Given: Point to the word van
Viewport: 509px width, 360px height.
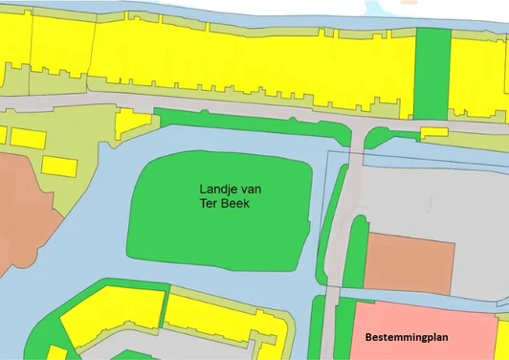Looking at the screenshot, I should click(252, 190).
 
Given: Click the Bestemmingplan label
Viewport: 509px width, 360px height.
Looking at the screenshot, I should click(413, 338).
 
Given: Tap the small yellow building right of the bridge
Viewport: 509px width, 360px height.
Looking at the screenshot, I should click(433, 131).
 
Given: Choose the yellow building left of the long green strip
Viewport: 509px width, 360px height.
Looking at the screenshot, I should click(132, 123).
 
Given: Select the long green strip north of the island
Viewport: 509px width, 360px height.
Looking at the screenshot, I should click(249, 122).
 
